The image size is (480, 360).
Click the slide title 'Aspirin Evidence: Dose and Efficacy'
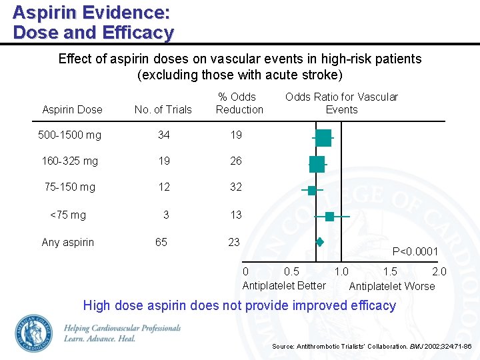pos(93,22)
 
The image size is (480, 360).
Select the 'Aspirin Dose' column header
pos(72,109)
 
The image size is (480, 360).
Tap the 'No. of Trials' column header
pos(163,109)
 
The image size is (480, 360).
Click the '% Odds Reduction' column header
pos(239,103)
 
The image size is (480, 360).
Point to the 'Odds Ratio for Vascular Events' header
pos(341,103)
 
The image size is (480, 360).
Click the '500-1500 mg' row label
pos(69,135)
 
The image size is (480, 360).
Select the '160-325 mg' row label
pos(69,161)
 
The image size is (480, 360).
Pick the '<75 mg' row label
pos(68,215)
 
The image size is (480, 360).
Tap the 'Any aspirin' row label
pos(68,242)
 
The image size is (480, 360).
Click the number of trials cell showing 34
pos(163,135)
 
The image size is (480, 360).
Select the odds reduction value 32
pos(235,187)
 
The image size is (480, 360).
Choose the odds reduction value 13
pos(235,215)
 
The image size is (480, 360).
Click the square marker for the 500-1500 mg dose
pos(323,138)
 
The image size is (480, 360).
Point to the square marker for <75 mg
pos(330,217)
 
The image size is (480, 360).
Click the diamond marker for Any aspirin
pos(319,242)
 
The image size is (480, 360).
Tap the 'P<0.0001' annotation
pos(415,251)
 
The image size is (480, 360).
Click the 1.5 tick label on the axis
pos(390,271)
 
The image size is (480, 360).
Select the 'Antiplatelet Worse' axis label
pos(391,286)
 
